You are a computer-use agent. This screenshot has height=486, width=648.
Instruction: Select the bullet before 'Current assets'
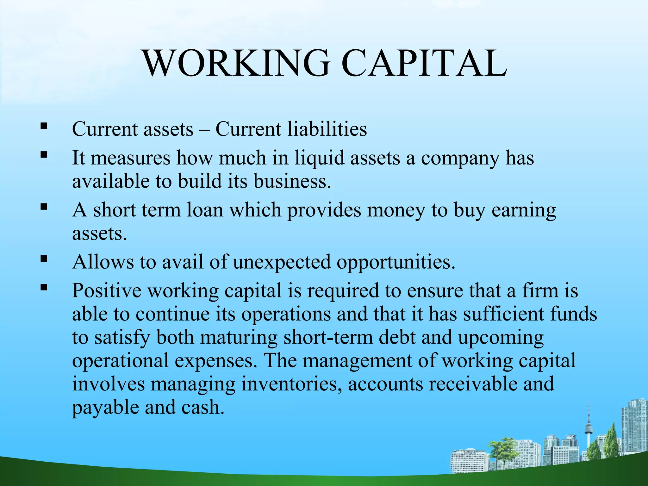[x=44, y=127]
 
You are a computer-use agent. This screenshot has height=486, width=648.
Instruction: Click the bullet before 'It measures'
[x=44, y=155]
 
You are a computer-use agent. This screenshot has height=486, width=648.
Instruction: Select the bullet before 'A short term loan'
[x=44, y=207]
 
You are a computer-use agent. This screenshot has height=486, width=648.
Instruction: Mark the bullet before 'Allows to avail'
[x=44, y=259]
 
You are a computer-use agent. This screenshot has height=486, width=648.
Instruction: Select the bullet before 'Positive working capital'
[x=44, y=288]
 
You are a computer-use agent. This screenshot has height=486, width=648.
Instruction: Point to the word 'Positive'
[x=107, y=290]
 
